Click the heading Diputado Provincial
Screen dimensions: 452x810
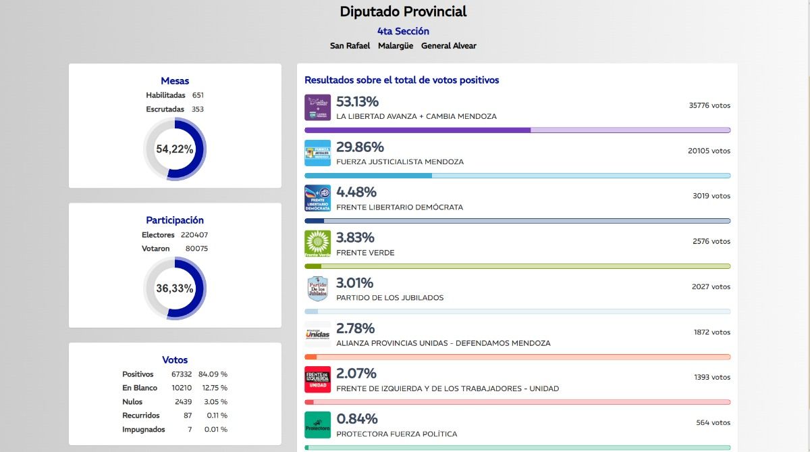click(x=403, y=11)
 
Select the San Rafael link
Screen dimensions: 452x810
click(x=350, y=46)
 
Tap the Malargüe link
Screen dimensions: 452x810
click(x=396, y=46)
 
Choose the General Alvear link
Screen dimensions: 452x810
click(x=449, y=46)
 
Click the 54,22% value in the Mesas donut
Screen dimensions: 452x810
click(x=175, y=149)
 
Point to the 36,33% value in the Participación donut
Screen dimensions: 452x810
click(x=175, y=288)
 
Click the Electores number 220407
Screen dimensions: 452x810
click(x=194, y=235)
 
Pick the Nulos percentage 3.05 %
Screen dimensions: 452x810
click(x=215, y=401)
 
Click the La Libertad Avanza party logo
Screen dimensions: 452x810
click(x=318, y=107)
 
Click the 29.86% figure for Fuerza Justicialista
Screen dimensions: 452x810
click(x=360, y=147)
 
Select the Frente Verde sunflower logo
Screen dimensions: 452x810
click(x=318, y=243)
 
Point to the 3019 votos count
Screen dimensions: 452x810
click(x=711, y=196)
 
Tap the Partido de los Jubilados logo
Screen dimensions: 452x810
click(x=318, y=288)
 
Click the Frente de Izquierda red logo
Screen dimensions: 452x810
click(x=318, y=379)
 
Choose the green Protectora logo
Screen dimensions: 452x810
click(x=318, y=424)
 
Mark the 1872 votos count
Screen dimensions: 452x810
click(x=711, y=332)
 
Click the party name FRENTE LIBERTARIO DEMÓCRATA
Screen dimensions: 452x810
click(x=400, y=207)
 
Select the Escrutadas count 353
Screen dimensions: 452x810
click(x=198, y=109)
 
